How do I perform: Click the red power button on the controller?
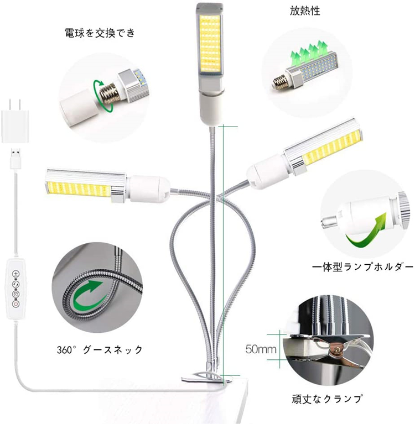coord(16,303)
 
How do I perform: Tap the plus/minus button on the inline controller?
coord(16,274)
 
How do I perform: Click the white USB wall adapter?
coord(14,121)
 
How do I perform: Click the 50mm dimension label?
coord(261,349)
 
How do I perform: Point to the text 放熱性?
coord(305,11)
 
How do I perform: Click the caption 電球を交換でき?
coord(100,33)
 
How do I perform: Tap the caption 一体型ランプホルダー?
coord(362,267)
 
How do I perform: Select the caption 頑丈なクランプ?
coord(327,399)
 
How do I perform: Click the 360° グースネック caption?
coord(100,349)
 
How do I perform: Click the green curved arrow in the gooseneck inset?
coord(87,295)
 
